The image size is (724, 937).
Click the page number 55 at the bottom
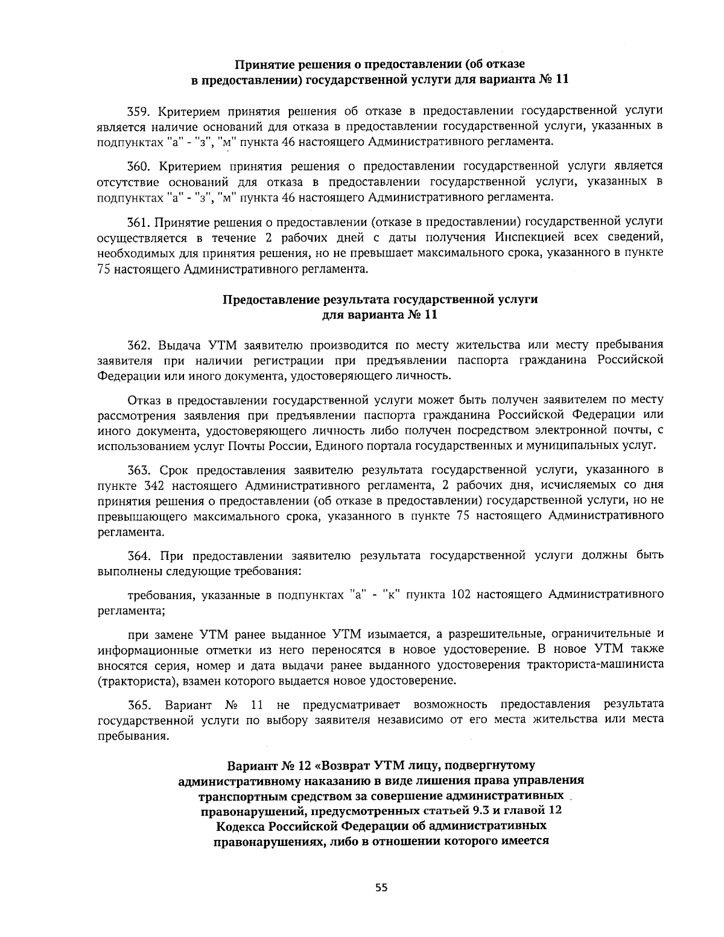tap(381, 887)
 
